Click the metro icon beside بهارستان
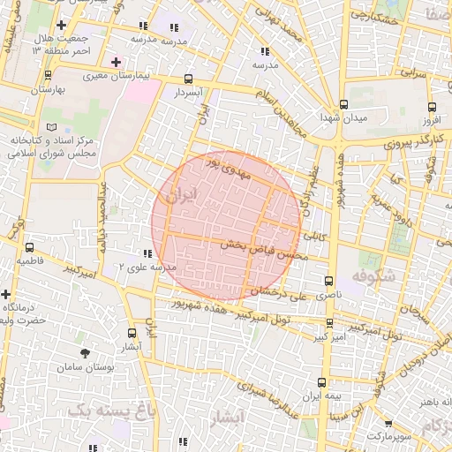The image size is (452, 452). click(37, 77)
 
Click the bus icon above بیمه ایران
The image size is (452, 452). click(320, 383)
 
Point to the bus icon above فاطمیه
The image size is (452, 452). click(31, 248)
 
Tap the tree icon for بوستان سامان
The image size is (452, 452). click(85, 353)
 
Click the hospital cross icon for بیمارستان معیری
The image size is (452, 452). click(117, 62)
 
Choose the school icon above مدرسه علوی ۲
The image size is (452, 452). click(147, 253)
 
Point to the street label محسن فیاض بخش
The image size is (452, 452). click(262, 249)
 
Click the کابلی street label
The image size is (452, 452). click(315, 237)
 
